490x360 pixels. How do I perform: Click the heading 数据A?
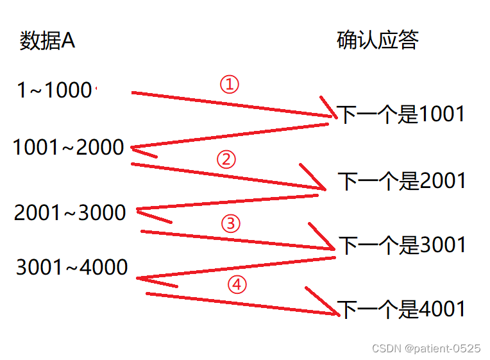tap(47, 41)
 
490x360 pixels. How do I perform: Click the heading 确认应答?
tap(378, 40)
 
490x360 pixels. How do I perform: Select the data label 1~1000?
tap(55, 90)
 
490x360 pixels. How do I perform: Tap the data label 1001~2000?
tap(69, 148)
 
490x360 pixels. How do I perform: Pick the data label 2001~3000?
tap(70, 212)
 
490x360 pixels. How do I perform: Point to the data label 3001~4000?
tap(72, 267)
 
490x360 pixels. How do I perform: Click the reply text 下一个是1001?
tap(401, 114)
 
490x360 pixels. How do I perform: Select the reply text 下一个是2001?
tap(402, 182)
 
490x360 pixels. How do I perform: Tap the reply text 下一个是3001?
tap(402, 244)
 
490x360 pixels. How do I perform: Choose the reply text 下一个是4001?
tap(401, 309)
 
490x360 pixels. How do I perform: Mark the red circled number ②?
tap(226, 159)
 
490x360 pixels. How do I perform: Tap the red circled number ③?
tap(230, 223)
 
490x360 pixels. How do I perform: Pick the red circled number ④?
tap(237, 284)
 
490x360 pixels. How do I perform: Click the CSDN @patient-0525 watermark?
tap(426, 348)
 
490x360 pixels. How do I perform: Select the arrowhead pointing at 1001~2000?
tap(134, 149)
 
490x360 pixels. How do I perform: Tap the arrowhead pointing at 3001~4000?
tap(141, 279)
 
